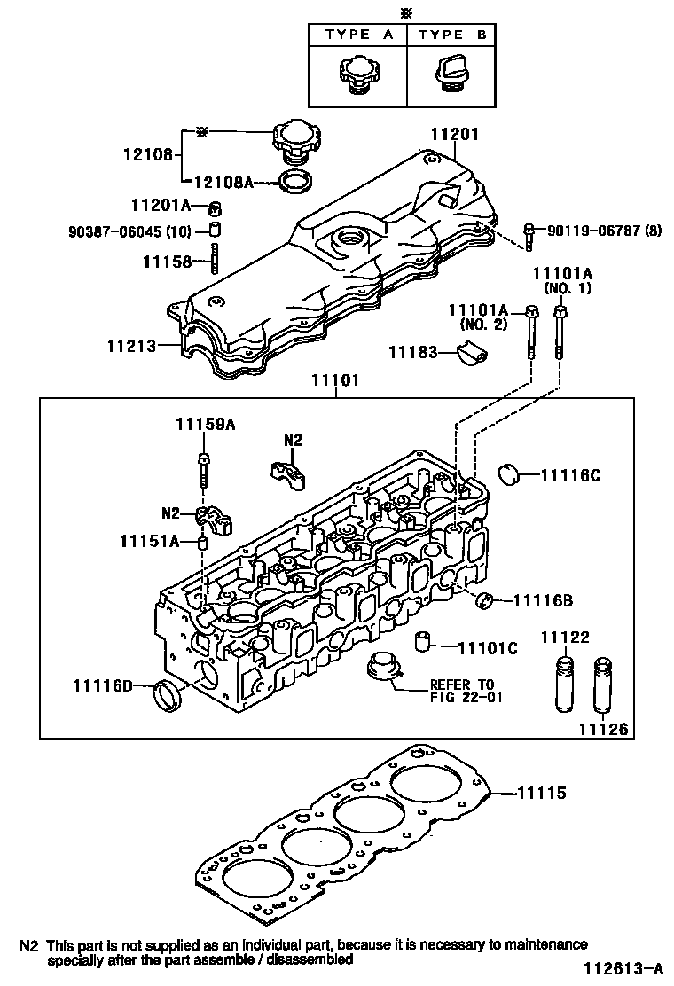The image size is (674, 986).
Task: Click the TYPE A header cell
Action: [357, 35]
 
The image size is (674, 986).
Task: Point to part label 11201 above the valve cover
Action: [454, 135]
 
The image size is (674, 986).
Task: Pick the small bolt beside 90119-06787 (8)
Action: [529, 234]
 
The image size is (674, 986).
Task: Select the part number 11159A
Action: [205, 425]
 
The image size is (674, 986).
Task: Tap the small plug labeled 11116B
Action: [484, 601]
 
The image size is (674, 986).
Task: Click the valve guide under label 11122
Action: [562, 685]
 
